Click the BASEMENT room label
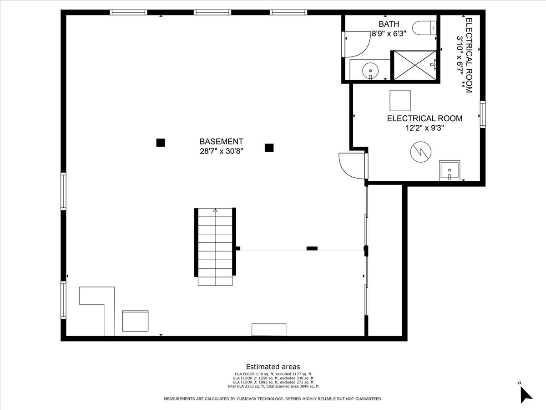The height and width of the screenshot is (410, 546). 221,141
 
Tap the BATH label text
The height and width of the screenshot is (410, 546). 389,24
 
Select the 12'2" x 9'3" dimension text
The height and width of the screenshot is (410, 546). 425,128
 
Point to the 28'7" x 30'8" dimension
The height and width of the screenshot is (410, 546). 221,151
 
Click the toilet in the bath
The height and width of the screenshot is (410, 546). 424,28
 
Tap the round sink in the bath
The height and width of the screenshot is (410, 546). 370,71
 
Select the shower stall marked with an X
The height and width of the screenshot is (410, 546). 415,66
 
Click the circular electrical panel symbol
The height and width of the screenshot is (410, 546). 420,152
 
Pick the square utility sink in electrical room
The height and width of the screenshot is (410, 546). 449,170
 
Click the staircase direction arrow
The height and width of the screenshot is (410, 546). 215,210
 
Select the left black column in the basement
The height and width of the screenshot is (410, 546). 161,143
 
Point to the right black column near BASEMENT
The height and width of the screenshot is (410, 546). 269,148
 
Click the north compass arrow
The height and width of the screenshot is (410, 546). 526,395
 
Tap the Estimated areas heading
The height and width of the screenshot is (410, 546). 273,366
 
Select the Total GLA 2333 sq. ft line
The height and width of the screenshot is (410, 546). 273,386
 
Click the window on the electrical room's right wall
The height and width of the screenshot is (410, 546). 482,114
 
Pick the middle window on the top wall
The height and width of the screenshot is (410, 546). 212,12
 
